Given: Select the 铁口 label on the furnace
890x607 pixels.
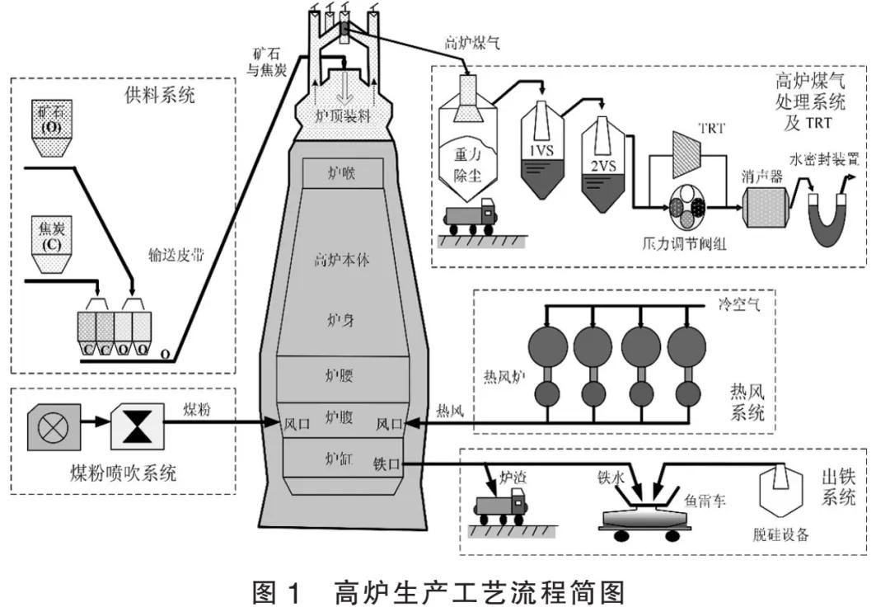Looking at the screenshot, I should [x=386, y=464].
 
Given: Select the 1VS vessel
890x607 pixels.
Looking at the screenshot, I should [x=541, y=148].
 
